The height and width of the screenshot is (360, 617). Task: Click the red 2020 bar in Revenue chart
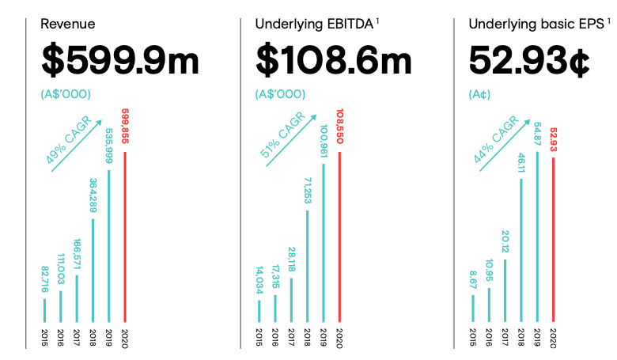[124, 237]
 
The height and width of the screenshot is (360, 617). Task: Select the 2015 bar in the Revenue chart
[44, 310]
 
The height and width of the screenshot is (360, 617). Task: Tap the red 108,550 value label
[339, 127]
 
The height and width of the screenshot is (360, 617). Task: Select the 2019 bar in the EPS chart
[537, 237]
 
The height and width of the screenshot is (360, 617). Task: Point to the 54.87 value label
[537, 135]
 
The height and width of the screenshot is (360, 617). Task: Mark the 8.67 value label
[472, 279]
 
